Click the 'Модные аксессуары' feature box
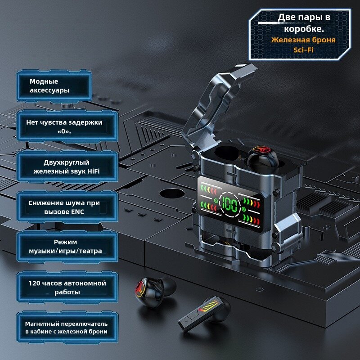tap(54, 86)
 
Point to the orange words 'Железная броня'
tap(303, 40)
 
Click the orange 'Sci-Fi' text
tap(303, 49)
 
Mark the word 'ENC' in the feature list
tap(77, 211)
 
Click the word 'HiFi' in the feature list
tap(103, 171)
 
